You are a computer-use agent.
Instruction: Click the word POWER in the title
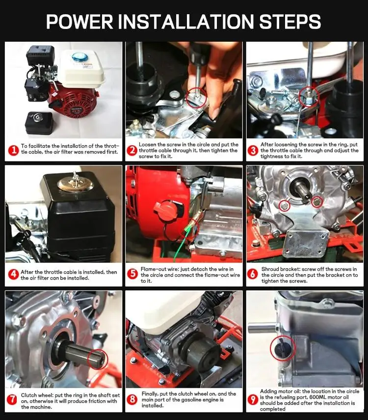(79, 22)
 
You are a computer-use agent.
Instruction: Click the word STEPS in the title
(290, 22)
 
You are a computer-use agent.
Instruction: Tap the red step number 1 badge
(13, 150)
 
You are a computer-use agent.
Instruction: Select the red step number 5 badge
(132, 274)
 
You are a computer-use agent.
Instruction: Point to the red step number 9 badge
(253, 399)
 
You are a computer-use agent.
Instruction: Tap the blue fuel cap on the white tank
(78, 57)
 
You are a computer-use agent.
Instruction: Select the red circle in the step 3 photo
(309, 97)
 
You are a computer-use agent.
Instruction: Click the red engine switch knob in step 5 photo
(165, 210)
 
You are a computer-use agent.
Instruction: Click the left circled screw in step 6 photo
(285, 206)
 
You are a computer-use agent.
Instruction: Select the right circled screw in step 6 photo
(317, 202)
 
